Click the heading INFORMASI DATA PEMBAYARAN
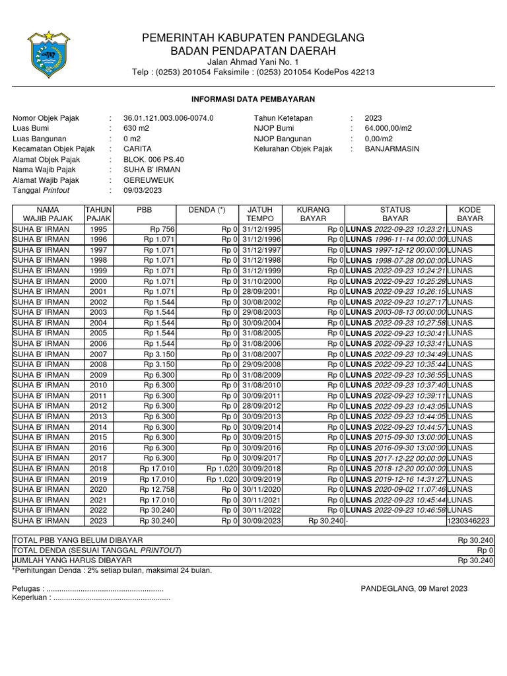click(x=253, y=99)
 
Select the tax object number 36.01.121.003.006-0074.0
click(x=168, y=118)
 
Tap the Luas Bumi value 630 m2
click(x=137, y=129)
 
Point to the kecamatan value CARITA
click(x=137, y=149)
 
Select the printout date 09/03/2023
click(x=143, y=190)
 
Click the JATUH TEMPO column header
click(x=255, y=214)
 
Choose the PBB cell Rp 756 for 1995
click(x=161, y=229)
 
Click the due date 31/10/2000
click(x=261, y=281)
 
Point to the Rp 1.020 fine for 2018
click(x=222, y=469)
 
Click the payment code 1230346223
click(x=469, y=520)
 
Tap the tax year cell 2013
click(x=98, y=417)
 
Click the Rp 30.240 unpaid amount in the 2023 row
click(x=325, y=520)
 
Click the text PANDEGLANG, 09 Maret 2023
click(x=414, y=588)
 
